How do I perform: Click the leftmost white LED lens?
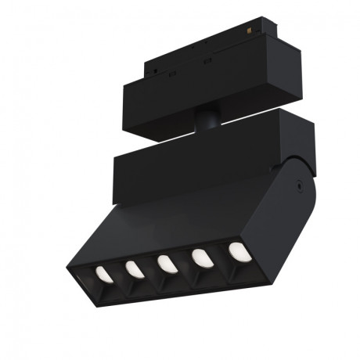[x=102, y=273]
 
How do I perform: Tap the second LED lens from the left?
[x=133, y=268]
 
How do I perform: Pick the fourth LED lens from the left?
[x=201, y=257]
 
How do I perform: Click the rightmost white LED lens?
[x=236, y=252]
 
